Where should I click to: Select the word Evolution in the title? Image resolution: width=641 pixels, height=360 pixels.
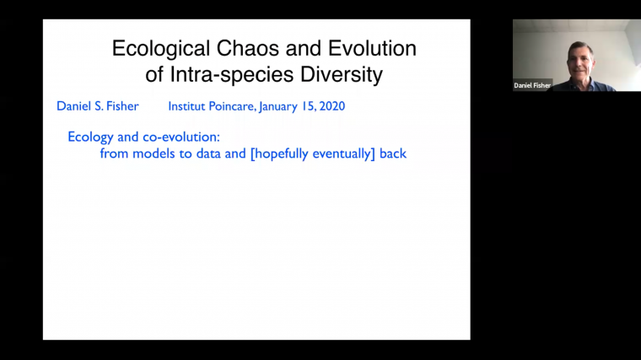tap(371, 48)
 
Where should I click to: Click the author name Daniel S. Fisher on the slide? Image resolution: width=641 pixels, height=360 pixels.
tap(98, 106)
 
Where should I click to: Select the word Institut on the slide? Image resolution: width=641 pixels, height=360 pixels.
tap(189, 106)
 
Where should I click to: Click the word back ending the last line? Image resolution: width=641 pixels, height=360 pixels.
tap(393, 153)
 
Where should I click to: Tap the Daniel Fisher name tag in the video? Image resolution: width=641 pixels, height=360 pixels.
tap(532, 85)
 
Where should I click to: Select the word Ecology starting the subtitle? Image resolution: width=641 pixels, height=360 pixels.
tap(90, 137)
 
